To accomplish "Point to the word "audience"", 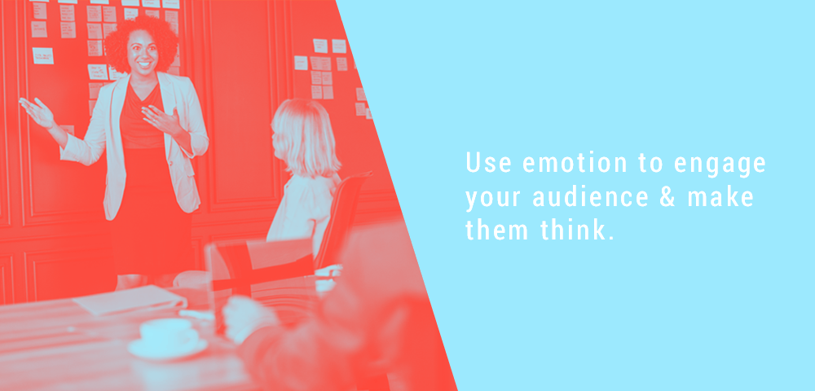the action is pyautogui.click(x=590, y=198).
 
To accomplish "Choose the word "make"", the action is pyautogui.click(x=721, y=198).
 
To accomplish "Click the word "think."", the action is pyautogui.click(x=578, y=230).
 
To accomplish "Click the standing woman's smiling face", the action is pyautogui.click(x=142, y=52).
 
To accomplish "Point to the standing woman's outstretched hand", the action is pyautogui.click(x=37, y=111).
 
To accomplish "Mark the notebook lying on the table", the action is pyautogui.click(x=130, y=299).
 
